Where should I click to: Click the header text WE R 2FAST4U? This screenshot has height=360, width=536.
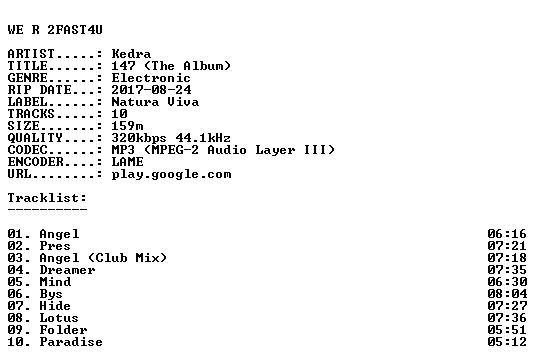point(55,30)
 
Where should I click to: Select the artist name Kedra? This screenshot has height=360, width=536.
point(131,54)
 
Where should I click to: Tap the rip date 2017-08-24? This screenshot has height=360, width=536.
point(151,90)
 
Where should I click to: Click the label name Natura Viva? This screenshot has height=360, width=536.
point(155,102)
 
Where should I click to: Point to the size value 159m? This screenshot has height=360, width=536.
point(128,126)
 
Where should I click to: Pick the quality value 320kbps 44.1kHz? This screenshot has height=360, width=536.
point(171,138)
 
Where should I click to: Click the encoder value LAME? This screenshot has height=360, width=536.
point(128,162)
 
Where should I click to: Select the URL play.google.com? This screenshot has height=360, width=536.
point(171,174)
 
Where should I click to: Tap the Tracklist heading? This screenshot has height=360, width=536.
point(47,198)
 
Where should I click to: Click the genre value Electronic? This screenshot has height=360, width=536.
point(151,78)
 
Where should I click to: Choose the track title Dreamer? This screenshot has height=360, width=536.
point(67,270)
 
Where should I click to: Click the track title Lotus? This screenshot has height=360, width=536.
point(59,318)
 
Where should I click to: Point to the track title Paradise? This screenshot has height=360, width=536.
point(71,342)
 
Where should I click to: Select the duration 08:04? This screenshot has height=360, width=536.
point(507,294)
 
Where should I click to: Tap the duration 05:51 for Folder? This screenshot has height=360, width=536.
point(507,330)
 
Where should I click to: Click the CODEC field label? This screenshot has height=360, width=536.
point(27,150)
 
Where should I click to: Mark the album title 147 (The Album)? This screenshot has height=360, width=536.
point(171,66)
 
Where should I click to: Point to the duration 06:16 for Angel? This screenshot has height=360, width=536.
point(507,234)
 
